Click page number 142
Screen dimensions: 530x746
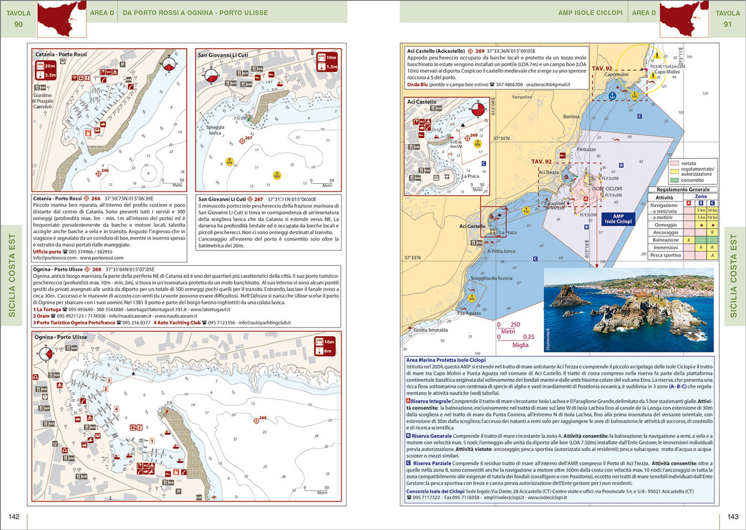[x=13, y=517]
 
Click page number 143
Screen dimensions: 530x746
[x=732, y=517]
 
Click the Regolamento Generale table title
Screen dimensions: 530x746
[x=682, y=190]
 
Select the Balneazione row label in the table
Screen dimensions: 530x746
[x=666, y=238]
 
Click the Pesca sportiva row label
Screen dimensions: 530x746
[x=666, y=255]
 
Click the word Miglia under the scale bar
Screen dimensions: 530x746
[x=512, y=345]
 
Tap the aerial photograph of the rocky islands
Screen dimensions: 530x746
[x=628, y=309]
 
